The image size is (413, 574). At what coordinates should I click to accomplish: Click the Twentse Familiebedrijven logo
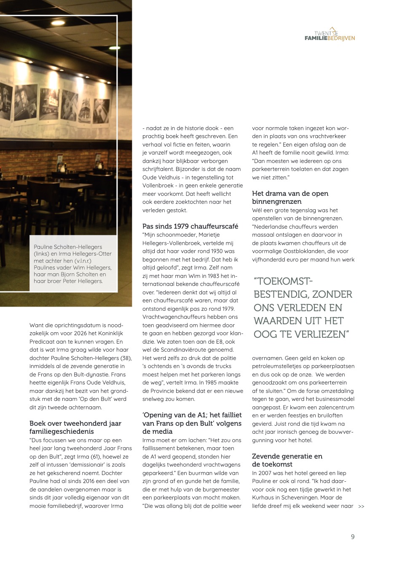330,35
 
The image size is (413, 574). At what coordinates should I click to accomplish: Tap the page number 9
353,537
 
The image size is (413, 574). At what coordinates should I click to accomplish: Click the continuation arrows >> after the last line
361,506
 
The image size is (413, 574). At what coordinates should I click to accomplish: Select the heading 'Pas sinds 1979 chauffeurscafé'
190,226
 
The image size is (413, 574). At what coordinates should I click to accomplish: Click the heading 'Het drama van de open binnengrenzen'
290,197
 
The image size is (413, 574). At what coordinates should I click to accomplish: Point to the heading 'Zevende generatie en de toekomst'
287,460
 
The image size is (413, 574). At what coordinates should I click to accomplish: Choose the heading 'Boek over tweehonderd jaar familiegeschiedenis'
75,427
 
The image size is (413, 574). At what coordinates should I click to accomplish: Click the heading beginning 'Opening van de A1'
192,423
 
